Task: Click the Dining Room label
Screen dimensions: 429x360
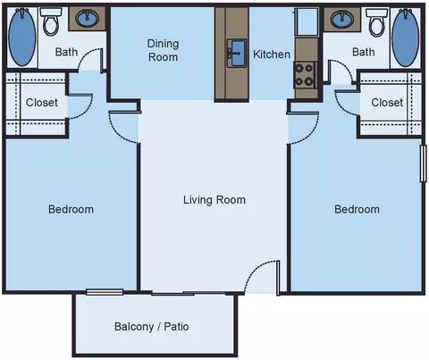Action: click(164, 50)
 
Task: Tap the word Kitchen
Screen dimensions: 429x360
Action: click(272, 54)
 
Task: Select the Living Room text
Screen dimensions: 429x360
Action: click(214, 200)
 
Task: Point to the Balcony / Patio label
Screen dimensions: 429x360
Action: click(152, 327)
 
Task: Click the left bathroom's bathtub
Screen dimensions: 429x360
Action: click(22, 37)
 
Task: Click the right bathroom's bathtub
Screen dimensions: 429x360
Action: click(405, 38)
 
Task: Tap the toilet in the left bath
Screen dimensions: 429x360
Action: click(51, 21)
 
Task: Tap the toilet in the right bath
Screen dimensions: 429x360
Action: click(377, 22)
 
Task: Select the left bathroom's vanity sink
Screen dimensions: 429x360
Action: click(87, 19)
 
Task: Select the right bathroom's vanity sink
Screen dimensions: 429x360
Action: click(342, 19)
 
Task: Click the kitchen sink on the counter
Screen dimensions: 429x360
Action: click(237, 53)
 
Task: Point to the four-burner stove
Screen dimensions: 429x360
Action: click(305, 75)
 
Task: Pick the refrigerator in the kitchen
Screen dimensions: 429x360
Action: click(307, 22)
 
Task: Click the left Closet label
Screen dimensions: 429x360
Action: click(42, 103)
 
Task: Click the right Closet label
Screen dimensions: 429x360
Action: click(387, 103)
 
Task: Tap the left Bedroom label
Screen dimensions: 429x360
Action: click(71, 209)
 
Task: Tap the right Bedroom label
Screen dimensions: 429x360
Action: click(357, 209)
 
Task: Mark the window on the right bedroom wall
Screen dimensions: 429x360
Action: click(423, 163)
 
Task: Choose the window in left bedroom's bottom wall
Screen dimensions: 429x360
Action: click(105, 292)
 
